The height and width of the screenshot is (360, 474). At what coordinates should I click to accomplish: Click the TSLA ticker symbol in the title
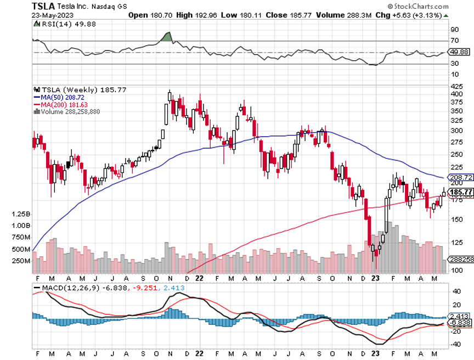click(x=43, y=5)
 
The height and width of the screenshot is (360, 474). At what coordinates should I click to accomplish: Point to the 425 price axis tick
click(x=456, y=87)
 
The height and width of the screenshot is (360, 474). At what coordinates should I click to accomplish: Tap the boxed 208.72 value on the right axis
click(x=460, y=177)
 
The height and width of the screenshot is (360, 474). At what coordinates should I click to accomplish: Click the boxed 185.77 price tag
click(x=460, y=192)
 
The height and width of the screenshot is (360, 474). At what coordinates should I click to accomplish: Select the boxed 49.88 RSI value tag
click(x=458, y=52)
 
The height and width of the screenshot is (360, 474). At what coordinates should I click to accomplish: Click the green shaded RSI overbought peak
click(x=167, y=37)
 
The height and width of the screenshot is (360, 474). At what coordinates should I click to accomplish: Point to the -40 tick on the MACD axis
click(x=455, y=345)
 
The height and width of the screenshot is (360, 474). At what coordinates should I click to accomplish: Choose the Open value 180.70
click(x=151, y=15)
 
